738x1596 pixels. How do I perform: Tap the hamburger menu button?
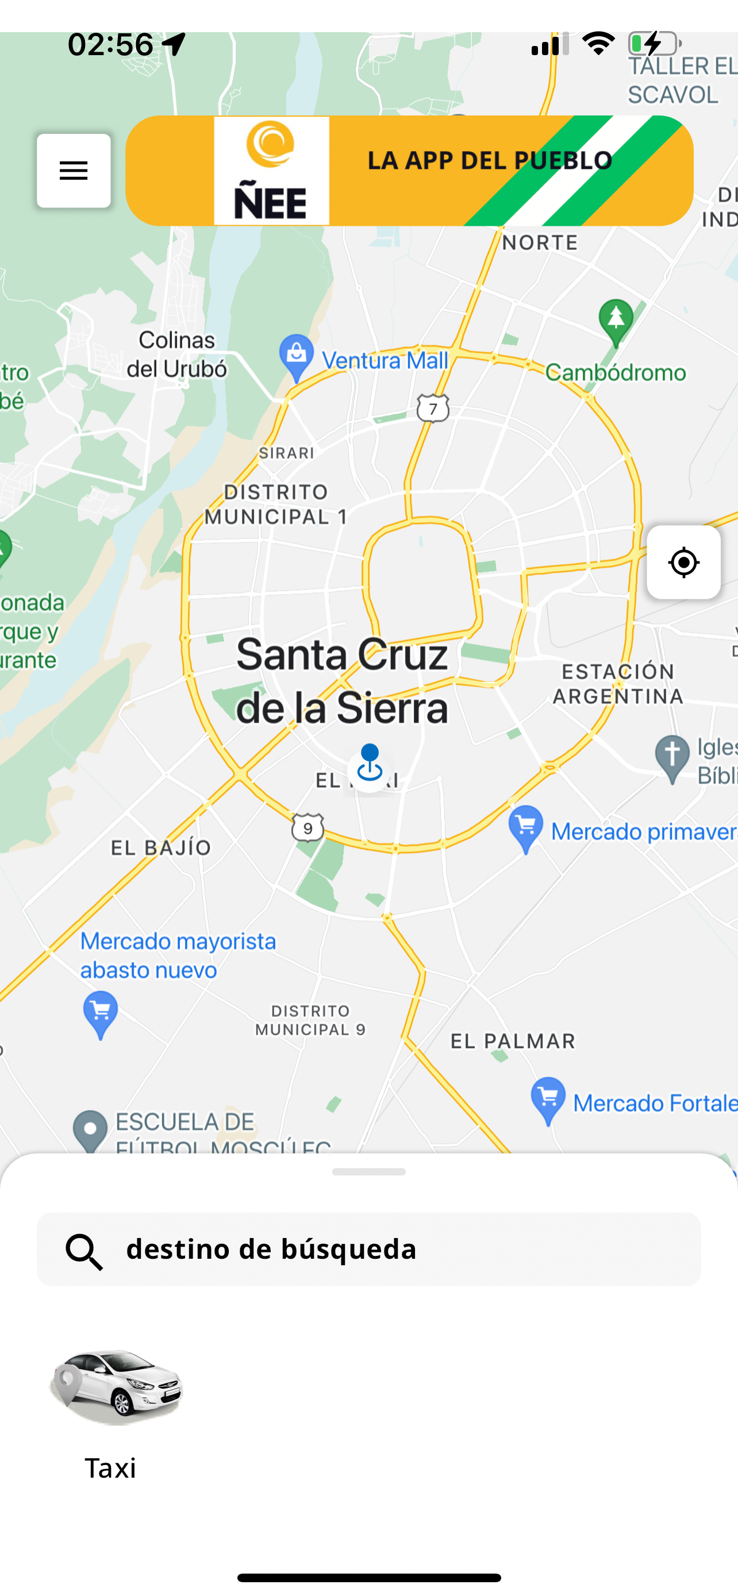coord(74,171)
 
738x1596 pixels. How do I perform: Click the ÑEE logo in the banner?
coord(271,171)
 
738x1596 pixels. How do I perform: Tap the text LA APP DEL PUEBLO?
coord(490,160)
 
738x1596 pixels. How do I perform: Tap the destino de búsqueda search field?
coord(368,1249)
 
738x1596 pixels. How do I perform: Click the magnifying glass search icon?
coord(84,1251)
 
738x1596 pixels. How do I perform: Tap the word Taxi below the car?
coord(110,1468)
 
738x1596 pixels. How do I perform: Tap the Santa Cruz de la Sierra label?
coord(341,681)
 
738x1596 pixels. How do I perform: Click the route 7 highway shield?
coord(433,408)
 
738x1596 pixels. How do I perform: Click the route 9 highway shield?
coord(308,827)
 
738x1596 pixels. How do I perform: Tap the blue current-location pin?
coord(370,765)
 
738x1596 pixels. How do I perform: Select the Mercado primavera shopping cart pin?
coord(526,827)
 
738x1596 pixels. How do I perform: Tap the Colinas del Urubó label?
coord(177,354)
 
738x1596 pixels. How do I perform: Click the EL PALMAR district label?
coord(513,1041)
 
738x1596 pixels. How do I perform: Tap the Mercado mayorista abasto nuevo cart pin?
coord(101,1012)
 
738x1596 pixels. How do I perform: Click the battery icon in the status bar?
coord(654,44)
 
